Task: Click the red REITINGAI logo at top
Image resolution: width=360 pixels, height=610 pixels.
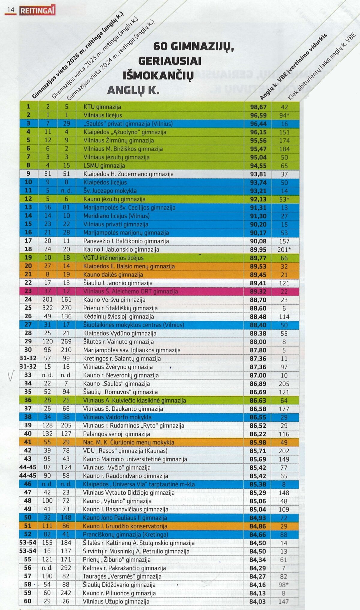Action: coord(37,11)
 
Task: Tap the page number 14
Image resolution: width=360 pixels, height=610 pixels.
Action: coord(11,10)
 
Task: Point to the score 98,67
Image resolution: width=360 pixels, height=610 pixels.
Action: coord(258,107)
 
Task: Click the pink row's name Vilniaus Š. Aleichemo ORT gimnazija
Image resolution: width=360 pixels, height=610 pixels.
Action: coord(130,291)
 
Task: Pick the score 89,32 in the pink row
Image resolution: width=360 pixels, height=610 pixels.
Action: coord(258,291)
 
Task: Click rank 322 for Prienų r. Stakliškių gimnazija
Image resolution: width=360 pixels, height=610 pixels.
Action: coord(47,308)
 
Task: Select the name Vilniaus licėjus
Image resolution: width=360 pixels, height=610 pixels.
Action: coord(103,115)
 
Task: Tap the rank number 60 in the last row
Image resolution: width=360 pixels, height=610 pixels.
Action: coord(28,601)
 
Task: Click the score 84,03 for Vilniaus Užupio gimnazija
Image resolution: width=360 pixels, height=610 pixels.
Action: coord(258,601)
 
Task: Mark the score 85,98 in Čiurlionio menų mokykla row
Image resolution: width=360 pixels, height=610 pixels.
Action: coord(258,442)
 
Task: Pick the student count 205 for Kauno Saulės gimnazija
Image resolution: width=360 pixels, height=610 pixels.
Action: coord(284,384)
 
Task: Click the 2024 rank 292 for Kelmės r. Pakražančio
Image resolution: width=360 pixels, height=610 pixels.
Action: coord(66,568)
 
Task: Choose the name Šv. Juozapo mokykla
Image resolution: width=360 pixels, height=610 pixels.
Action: coord(110,191)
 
